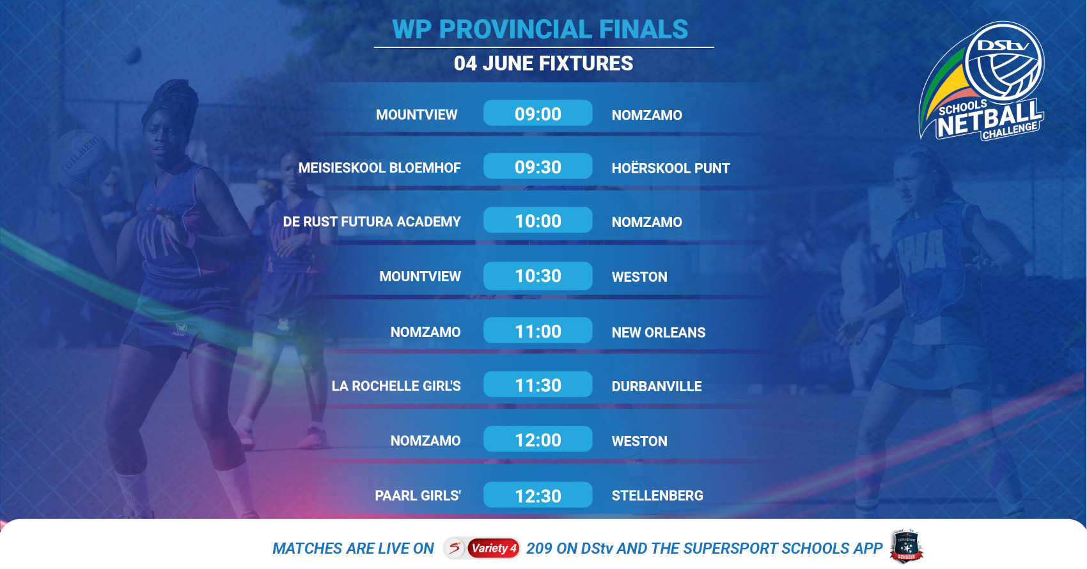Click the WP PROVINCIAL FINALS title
click(540, 29)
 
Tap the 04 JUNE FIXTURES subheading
click(543, 63)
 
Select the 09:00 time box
click(538, 114)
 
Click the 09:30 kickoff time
click(538, 167)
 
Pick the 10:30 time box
click(538, 276)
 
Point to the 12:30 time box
click(538, 495)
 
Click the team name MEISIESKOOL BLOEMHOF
click(379, 168)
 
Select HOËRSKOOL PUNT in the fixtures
click(671, 168)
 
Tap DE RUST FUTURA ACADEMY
click(371, 222)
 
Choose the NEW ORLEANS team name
click(659, 332)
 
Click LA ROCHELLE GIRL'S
click(396, 386)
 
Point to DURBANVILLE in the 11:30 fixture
click(657, 386)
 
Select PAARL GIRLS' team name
click(418, 495)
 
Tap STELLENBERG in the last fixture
click(657, 495)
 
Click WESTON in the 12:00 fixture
click(639, 441)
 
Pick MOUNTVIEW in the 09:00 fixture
click(416, 115)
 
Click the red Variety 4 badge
click(494, 549)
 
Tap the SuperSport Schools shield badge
click(906, 547)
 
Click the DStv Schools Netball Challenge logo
click(981, 81)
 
